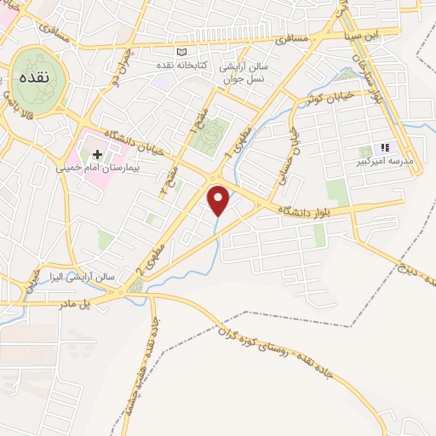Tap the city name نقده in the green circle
39,77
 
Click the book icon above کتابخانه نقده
180,53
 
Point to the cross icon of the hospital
97,155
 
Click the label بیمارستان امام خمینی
96,169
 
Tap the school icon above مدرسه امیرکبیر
385,147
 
